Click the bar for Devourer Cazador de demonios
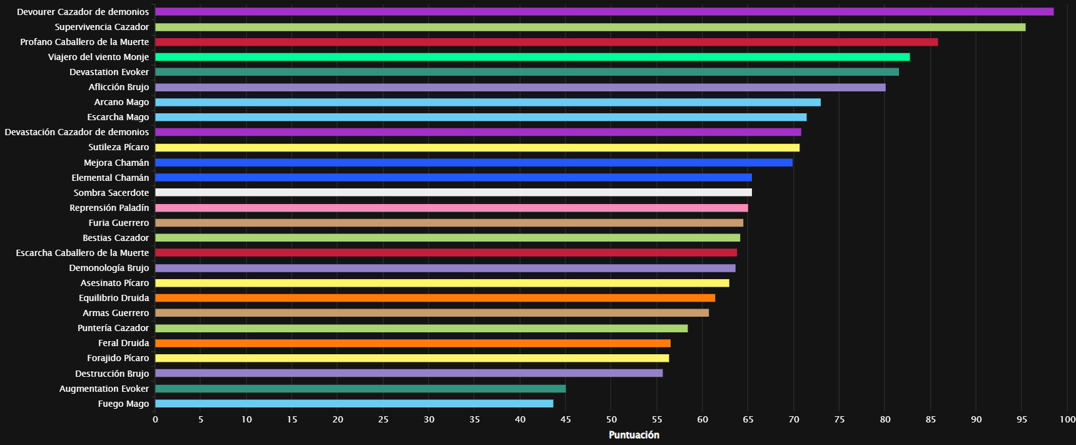point(604,12)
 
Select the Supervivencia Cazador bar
point(590,27)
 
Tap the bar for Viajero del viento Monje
point(532,57)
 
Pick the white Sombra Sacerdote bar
point(453,193)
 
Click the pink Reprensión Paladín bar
point(451,208)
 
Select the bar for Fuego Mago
point(354,404)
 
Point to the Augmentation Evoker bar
point(360,389)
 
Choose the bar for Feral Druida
point(412,343)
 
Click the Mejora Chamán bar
point(474,163)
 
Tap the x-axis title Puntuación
point(634,435)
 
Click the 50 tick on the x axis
point(611,419)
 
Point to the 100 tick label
point(1067,419)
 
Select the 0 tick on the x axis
point(155,419)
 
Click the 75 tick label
point(840,419)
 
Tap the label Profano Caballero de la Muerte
point(84,42)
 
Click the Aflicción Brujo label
point(119,87)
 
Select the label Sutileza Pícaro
point(119,147)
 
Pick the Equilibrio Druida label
point(114,298)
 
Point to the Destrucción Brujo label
point(112,374)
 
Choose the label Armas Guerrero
point(116,313)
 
